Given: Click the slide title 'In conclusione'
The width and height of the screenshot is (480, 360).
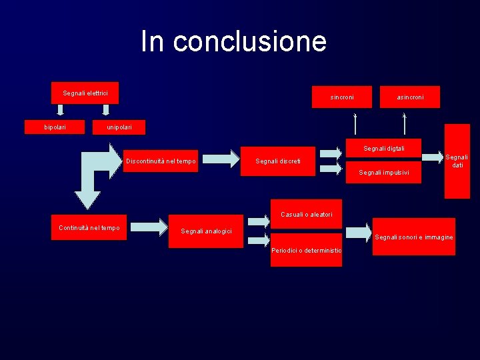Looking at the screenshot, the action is (233, 41).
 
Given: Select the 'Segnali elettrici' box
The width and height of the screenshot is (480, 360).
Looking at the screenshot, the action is (85, 93).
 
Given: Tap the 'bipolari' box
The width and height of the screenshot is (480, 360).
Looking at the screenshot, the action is (55, 127).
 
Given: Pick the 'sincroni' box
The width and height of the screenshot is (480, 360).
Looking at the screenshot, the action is (342, 97).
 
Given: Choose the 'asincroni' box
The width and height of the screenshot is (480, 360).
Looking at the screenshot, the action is (410, 97).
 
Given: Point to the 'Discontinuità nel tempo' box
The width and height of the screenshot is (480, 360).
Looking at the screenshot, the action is (161, 161).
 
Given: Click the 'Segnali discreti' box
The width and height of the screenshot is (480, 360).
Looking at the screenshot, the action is (277, 161).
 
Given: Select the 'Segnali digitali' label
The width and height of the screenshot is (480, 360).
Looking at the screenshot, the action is (383, 148).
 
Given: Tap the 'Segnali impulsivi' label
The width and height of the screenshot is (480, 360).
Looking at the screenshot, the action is (383, 173).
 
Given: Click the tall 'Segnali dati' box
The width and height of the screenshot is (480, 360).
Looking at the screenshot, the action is (457, 161).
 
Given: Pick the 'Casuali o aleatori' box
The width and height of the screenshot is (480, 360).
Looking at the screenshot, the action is (306, 213).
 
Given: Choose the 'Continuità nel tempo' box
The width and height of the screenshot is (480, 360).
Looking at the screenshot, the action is (89, 228).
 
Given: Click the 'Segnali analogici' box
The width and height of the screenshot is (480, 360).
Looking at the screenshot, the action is (207, 231).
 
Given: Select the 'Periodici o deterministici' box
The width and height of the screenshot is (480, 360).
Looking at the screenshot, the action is (306, 250).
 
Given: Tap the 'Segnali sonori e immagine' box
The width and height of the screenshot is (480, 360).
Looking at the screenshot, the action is (414, 237).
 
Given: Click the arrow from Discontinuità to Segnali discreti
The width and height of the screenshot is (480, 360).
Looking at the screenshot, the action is (219, 158).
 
